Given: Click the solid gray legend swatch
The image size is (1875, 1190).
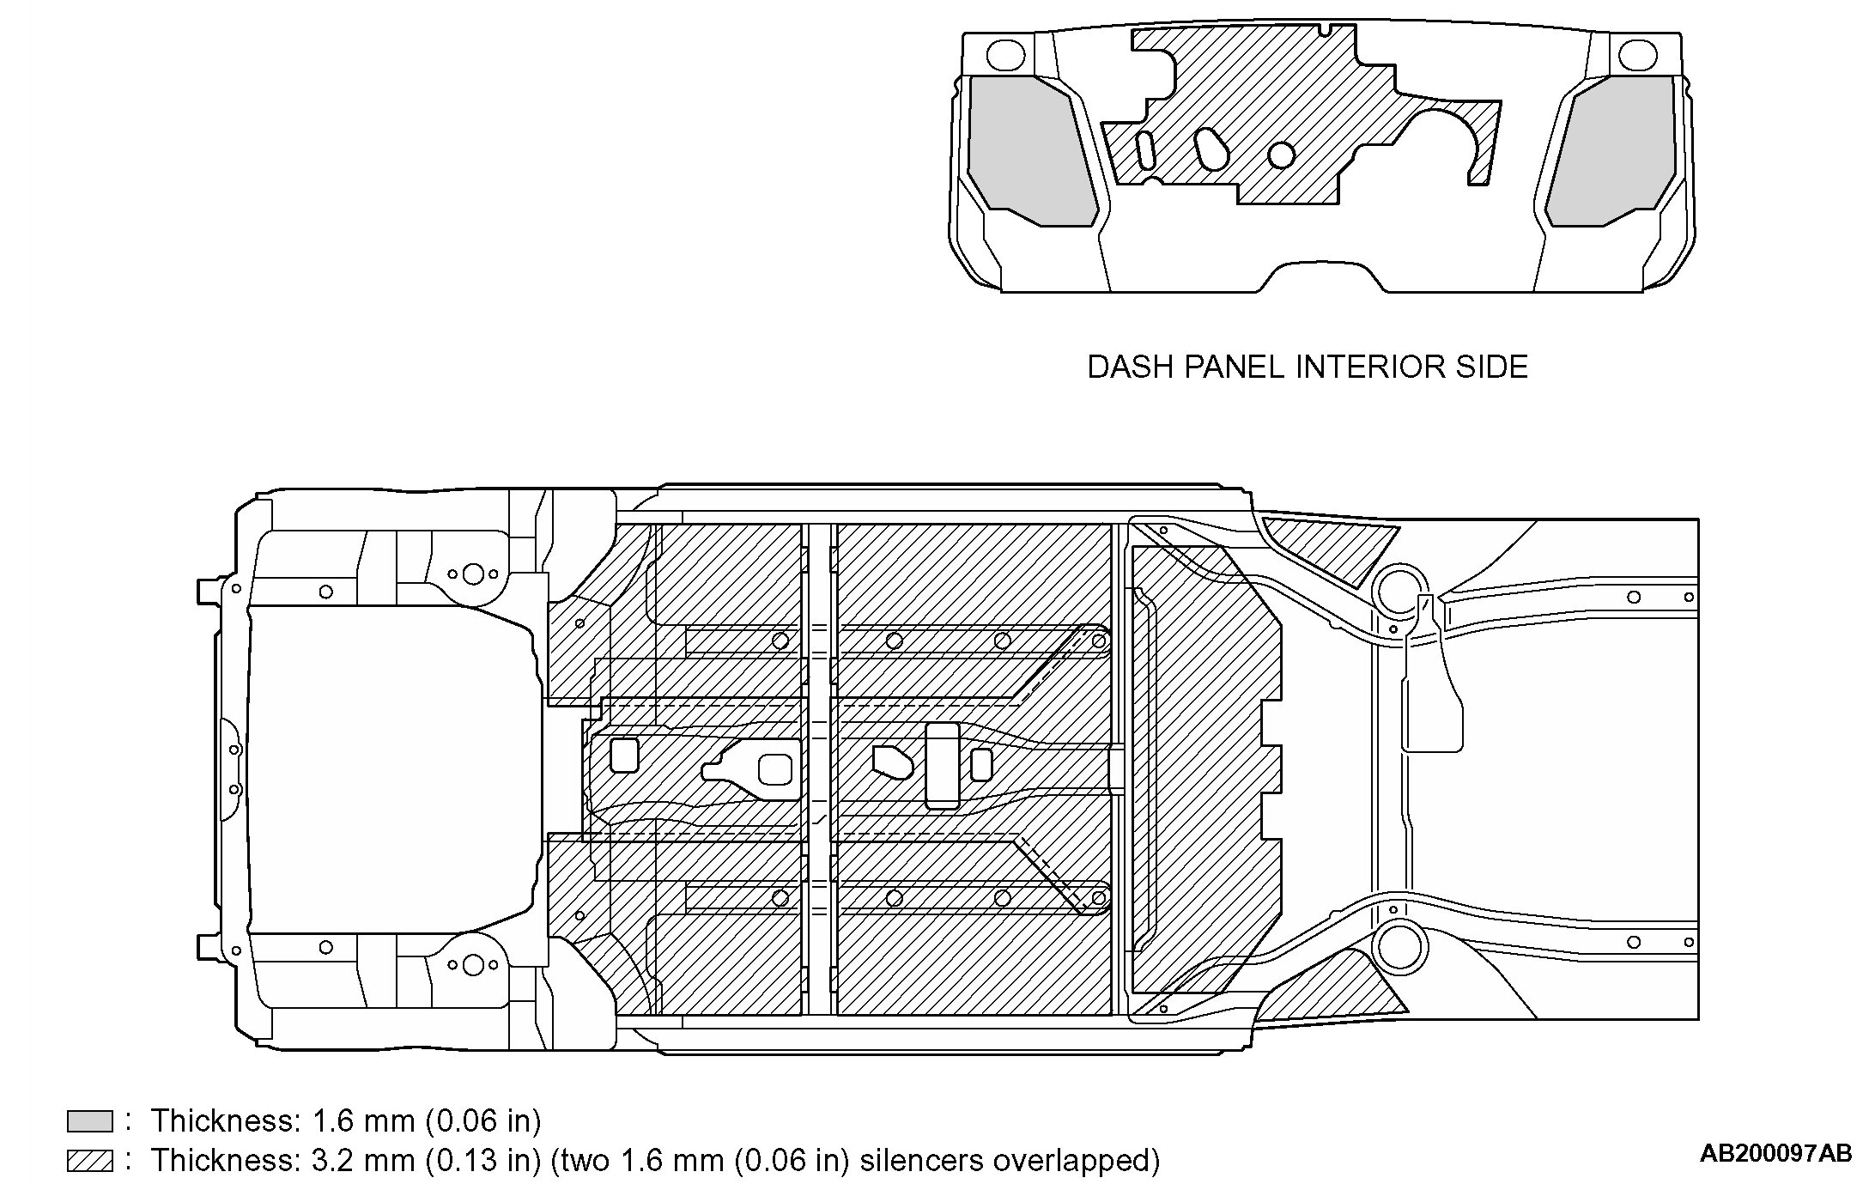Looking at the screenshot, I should [x=89, y=1120].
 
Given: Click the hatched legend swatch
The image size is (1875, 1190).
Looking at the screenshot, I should [x=89, y=1161].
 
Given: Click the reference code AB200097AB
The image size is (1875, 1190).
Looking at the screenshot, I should [x=1775, y=1154].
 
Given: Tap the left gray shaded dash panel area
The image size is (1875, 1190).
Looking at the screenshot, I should [x=1029, y=150].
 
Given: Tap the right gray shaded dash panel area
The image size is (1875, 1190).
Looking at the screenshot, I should [x=1614, y=150].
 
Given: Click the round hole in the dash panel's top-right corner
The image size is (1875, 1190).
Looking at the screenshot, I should [x=1636, y=55].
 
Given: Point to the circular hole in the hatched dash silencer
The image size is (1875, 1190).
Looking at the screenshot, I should [x=1281, y=155].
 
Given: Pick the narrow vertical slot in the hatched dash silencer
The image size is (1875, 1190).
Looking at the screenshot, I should [x=1146, y=151].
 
